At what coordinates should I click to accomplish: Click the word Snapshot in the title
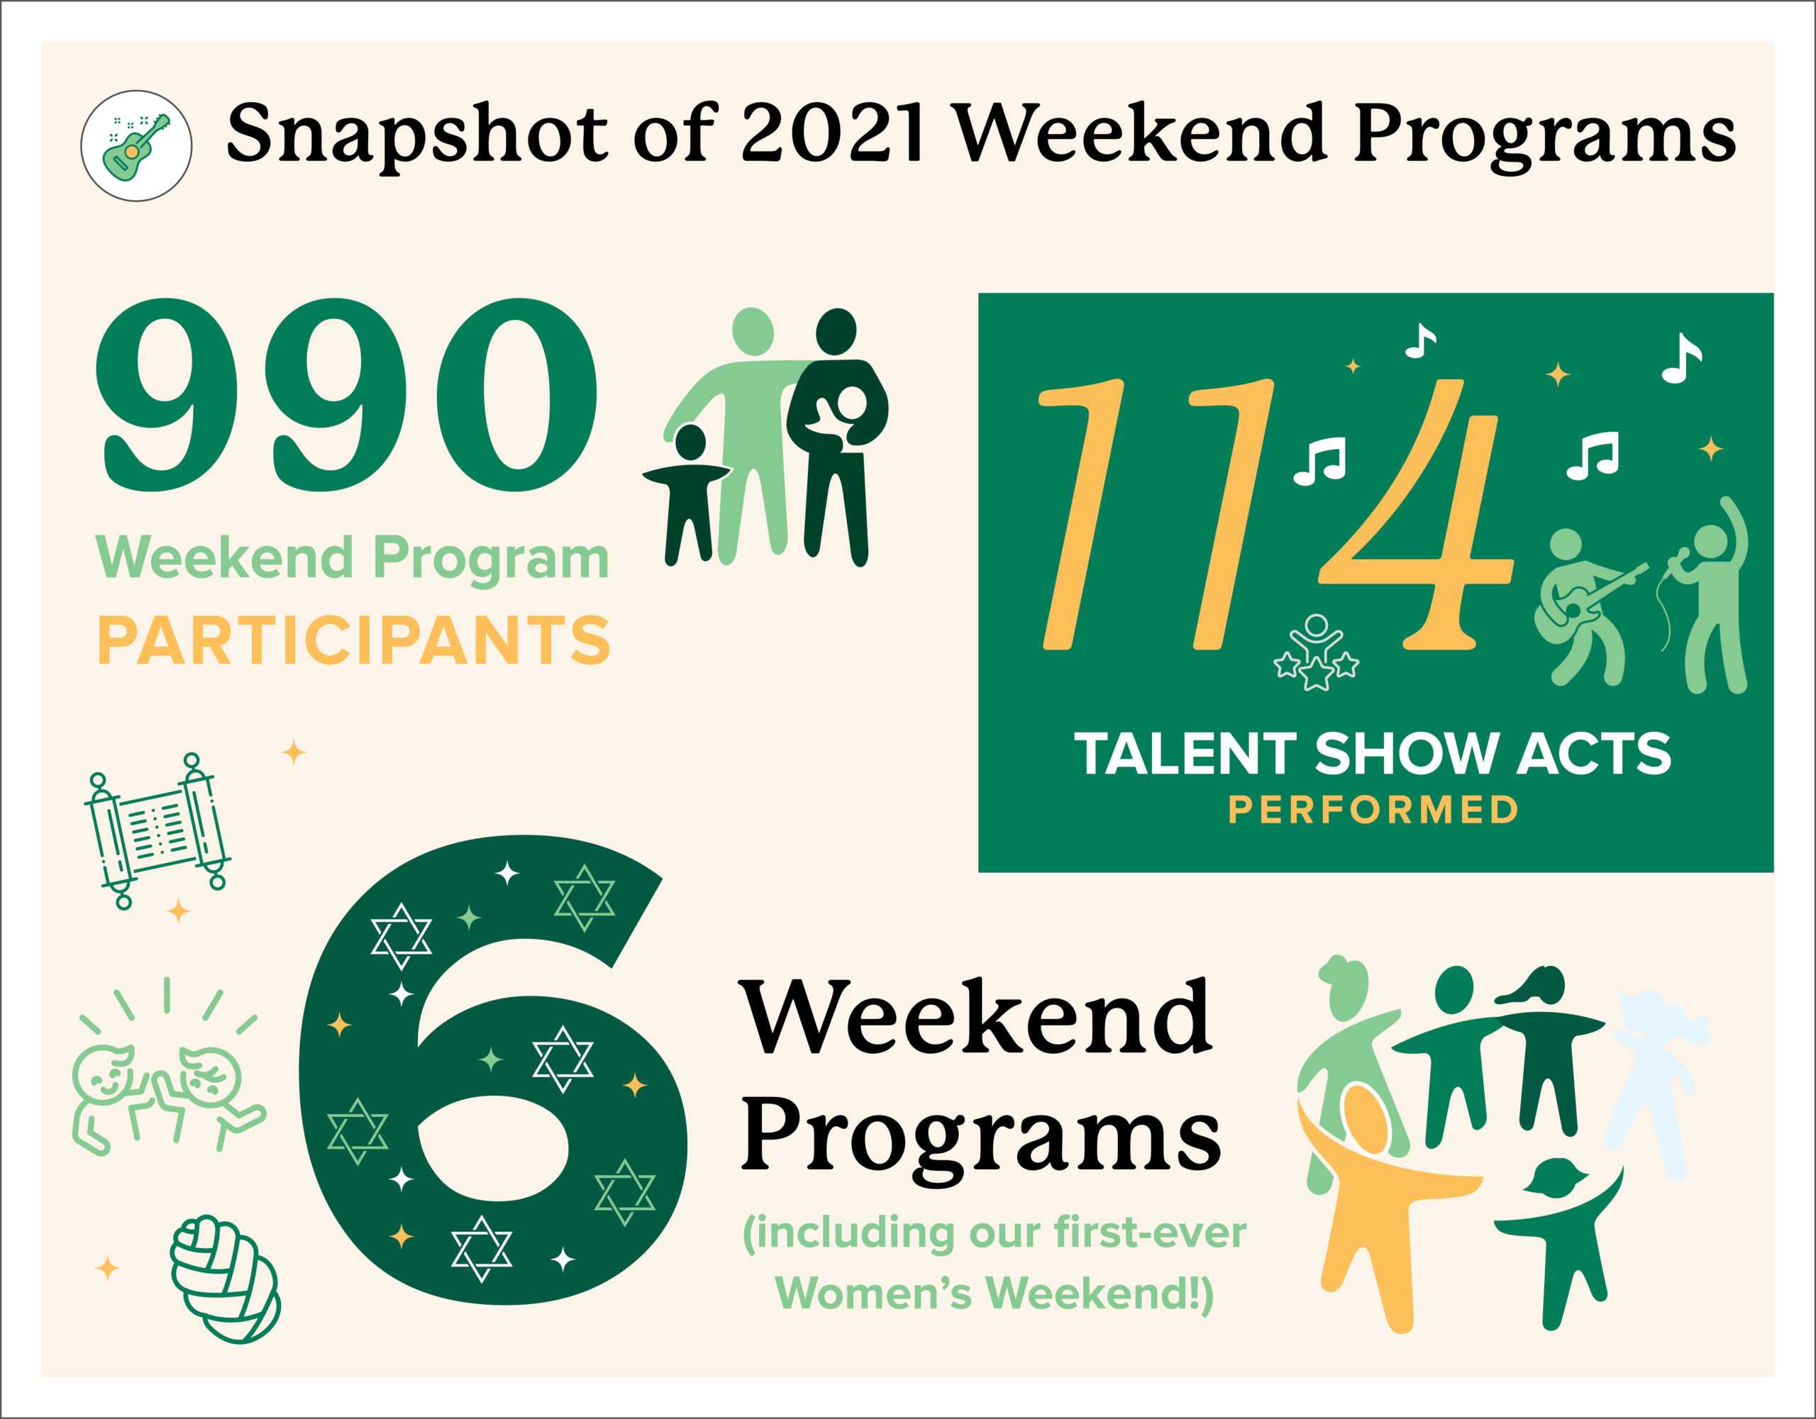click(x=417, y=136)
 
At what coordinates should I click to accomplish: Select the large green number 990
click(x=347, y=394)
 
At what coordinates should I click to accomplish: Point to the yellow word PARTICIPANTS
click(x=354, y=640)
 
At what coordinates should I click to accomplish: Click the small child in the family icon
click(x=687, y=493)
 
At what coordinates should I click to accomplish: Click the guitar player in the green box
click(x=1585, y=608)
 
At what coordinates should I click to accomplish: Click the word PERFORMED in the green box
click(x=1373, y=810)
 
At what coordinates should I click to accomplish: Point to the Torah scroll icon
click(x=156, y=830)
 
